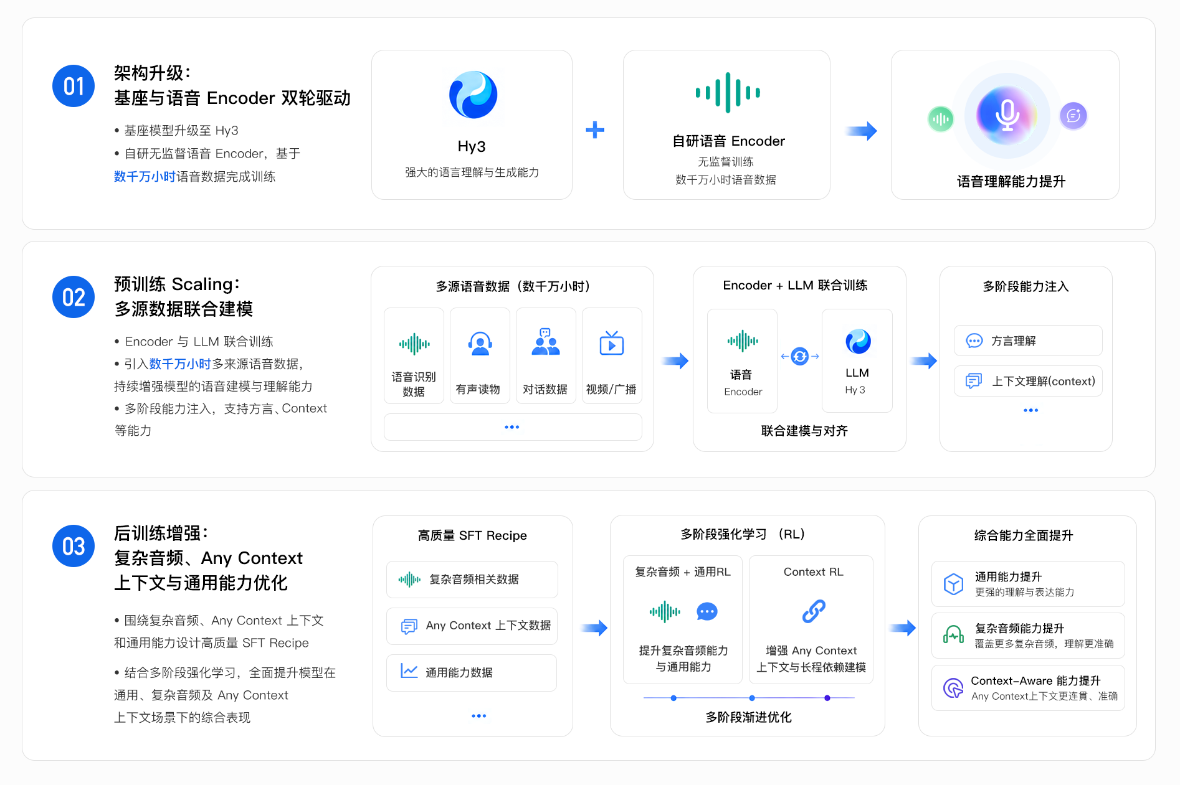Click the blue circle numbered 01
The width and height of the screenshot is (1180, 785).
click(x=74, y=86)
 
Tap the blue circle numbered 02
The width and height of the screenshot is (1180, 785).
click(x=74, y=297)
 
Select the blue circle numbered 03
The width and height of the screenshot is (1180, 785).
click(x=74, y=546)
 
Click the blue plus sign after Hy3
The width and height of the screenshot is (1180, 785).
click(x=595, y=129)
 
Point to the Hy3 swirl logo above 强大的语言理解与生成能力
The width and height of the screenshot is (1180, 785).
click(x=473, y=95)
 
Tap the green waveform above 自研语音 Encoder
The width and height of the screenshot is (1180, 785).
click(x=728, y=93)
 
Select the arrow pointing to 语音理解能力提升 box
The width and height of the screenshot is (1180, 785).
click(x=862, y=131)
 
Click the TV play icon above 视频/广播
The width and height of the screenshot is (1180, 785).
click(x=611, y=343)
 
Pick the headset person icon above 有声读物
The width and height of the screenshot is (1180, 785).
click(x=480, y=343)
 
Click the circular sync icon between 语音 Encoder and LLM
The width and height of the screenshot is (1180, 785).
click(x=799, y=356)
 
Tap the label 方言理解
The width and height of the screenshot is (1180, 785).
click(x=1013, y=341)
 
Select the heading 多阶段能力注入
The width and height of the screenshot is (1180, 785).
click(x=1025, y=286)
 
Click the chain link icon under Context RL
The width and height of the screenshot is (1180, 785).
click(x=814, y=611)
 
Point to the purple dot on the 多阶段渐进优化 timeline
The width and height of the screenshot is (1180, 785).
click(x=827, y=698)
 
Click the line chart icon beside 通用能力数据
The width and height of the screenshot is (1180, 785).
click(x=409, y=671)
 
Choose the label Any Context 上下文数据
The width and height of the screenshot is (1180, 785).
click(x=488, y=626)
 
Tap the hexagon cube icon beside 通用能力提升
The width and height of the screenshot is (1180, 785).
click(x=953, y=584)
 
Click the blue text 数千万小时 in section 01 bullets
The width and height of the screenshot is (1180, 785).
click(x=145, y=177)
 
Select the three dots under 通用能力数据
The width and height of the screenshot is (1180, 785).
click(x=478, y=716)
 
